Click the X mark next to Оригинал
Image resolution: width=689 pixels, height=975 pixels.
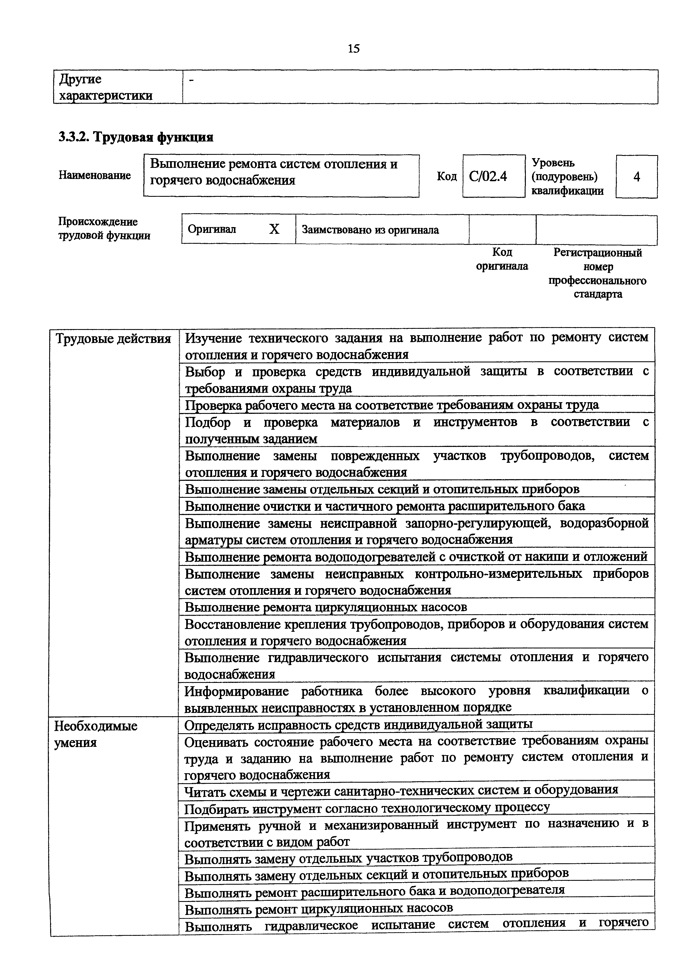[274, 229]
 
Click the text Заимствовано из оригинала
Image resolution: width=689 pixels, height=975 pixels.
[370, 230]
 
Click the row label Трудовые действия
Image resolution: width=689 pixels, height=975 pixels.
[113, 339]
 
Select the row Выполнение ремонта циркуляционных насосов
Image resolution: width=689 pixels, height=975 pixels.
[326, 607]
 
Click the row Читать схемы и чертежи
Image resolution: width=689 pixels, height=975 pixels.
[401, 790]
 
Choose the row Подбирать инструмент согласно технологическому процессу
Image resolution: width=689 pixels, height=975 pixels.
[367, 807]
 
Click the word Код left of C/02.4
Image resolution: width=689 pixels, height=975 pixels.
[447, 176]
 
